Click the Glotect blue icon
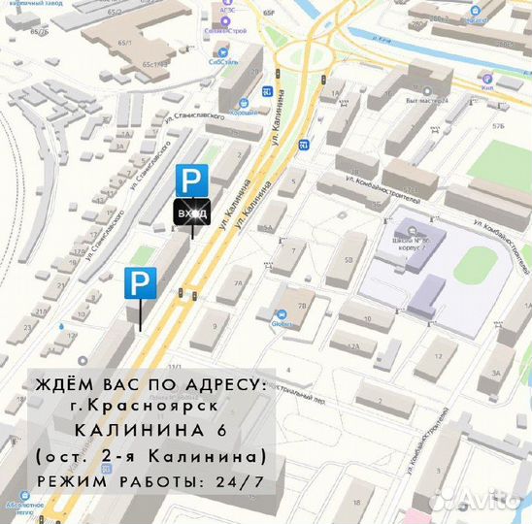point(281,314)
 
